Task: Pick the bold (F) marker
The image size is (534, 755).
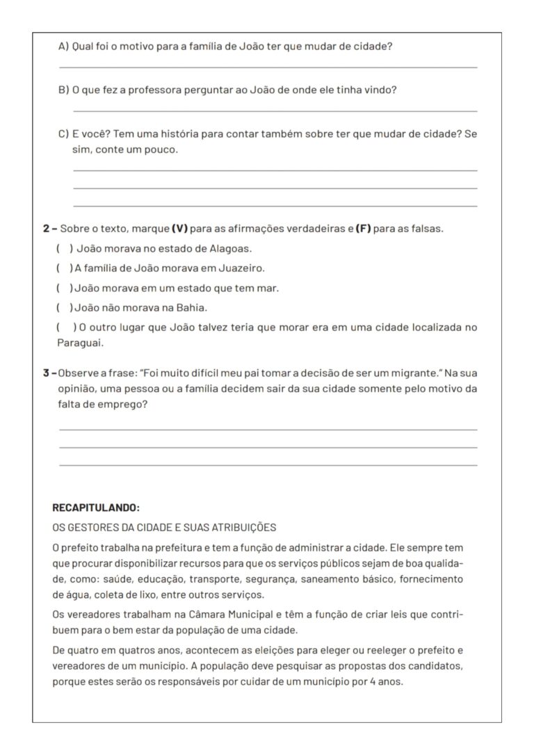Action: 363,229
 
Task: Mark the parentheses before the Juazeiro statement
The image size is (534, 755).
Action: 64,268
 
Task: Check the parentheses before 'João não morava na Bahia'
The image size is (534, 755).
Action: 64,307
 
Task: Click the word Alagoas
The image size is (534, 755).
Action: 230,248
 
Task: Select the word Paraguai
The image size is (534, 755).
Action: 80,342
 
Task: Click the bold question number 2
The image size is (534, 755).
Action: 46,229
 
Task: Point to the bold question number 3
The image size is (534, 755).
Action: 46,374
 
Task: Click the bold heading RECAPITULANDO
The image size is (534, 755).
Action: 96,508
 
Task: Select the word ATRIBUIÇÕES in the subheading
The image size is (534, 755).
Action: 235,527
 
